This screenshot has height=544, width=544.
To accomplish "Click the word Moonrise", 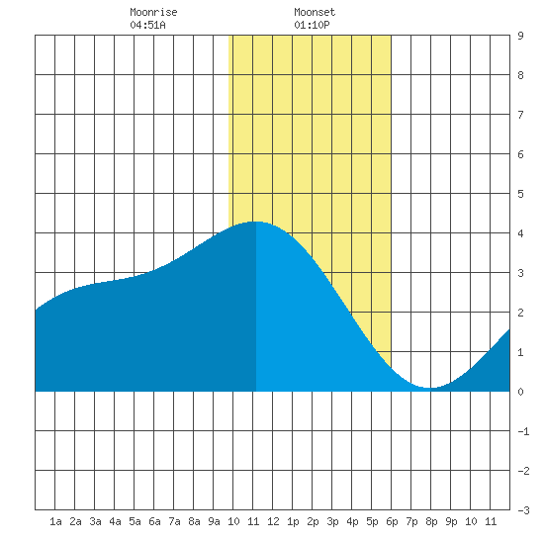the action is point(153,12).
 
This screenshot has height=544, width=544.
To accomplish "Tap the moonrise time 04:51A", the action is point(147,25).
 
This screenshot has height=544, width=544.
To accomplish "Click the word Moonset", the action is point(315,12).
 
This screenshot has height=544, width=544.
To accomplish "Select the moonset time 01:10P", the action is point(312,25).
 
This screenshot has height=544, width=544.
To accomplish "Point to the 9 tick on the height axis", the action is point(520,36).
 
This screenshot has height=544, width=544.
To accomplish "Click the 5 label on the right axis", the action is point(520,194).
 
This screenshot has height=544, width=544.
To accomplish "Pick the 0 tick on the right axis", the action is point(520,392).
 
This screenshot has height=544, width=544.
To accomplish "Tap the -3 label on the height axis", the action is point(523,510).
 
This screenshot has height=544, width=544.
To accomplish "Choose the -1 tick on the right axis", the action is point(523,431).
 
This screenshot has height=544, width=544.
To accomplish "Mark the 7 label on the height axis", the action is point(520,115).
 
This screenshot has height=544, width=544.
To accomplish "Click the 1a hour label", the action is point(55,521).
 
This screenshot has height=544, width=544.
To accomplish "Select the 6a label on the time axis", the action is point(154,521).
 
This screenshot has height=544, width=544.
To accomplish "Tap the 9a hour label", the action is point(214,521).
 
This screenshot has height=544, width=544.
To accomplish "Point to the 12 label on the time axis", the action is point(273,521).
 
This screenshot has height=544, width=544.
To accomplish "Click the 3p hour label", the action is point(332,521).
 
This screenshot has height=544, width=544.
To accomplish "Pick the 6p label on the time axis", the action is point(392,521).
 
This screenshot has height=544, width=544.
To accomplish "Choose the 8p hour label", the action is point(431,521).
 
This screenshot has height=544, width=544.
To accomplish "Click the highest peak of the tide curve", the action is point(257,222).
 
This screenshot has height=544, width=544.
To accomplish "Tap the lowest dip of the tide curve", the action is point(430,388).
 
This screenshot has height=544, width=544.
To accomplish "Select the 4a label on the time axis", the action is point(115,521).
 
